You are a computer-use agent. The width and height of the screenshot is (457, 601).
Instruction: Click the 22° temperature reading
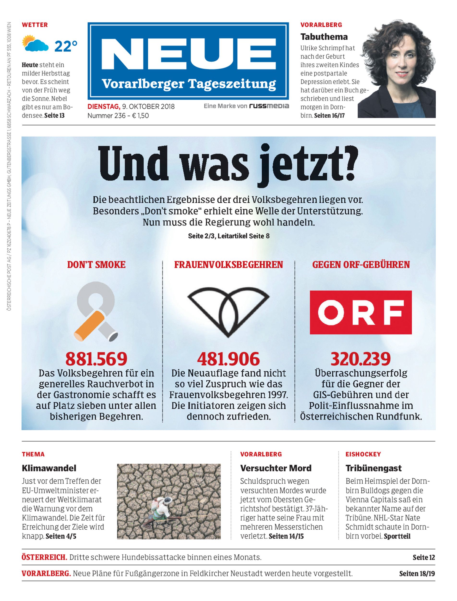(x=66, y=46)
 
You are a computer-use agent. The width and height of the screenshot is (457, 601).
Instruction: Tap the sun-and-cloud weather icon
(x=35, y=44)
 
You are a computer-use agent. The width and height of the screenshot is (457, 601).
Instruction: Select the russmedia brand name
(x=269, y=106)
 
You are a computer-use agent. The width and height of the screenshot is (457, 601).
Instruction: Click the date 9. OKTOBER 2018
(x=149, y=106)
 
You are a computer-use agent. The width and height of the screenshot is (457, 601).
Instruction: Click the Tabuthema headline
(x=324, y=37)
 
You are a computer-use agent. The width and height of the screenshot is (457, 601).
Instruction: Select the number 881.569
(x=96, y=359)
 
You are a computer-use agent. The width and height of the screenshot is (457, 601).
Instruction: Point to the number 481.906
(x=228, y=359)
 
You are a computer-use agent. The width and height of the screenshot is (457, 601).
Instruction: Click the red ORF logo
(x=361, y=312)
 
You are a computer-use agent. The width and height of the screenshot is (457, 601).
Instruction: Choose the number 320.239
(x=361, y=359)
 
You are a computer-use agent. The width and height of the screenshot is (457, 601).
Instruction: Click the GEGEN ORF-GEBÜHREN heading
(x=361, y=265)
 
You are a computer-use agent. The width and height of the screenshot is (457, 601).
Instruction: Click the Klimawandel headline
(x=49, y=468)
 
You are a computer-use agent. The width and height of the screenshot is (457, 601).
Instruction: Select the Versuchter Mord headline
(x=276, y=468)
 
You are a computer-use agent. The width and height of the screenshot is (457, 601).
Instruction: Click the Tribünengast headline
(x=373, y=468)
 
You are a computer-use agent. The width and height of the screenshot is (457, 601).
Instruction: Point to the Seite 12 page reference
(x=424, y=557)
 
